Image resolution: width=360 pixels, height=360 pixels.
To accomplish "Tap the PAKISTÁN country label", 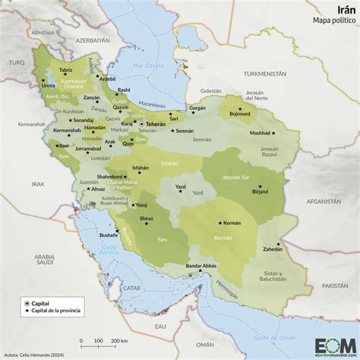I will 335,284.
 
